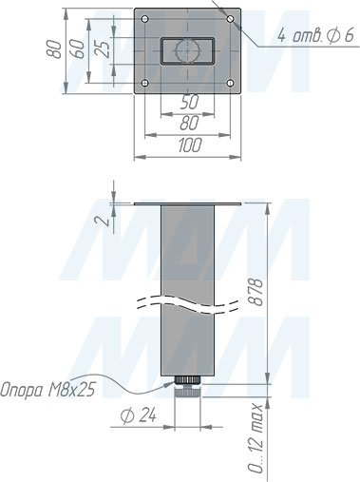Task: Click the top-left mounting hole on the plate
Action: (x=145, y=19)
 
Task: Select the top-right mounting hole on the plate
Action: (x=231, y=19)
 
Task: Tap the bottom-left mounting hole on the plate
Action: (x=145, y=83)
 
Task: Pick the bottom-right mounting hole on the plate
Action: (x=231, y=83)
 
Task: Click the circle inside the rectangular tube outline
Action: (x=188, y=51)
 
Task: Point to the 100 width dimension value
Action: (x=190, y=145)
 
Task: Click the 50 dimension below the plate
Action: (x=189, y=102)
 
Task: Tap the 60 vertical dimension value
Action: (x=78, y=48)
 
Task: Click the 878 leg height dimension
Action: (x=256, y=292)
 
